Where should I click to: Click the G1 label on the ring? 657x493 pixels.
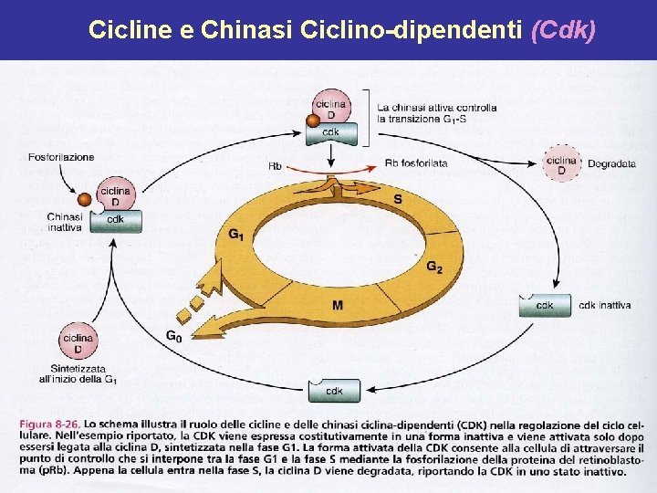(x=235, y=236)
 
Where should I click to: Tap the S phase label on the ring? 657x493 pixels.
(x=397, y=199)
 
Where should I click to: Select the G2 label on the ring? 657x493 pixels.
(x=434, y=267)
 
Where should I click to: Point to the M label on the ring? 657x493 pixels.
(x=338, y=304)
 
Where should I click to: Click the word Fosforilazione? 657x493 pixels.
(x=61, y=157)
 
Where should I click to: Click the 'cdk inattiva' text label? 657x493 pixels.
(x=604, y=305)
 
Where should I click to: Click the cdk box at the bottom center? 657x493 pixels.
(x=335, y=392)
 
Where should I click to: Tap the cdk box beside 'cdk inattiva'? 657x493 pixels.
(x=545, y=305)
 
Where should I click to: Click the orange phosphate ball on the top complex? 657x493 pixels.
(x=313, y=120)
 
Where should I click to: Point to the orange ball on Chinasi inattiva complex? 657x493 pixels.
(x=85, y=199)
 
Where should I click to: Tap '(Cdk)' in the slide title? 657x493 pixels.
(x=563, y=31)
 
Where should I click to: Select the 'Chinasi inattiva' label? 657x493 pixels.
(x=65, y=222)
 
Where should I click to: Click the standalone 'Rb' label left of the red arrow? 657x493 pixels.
(x=275, y=166)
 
